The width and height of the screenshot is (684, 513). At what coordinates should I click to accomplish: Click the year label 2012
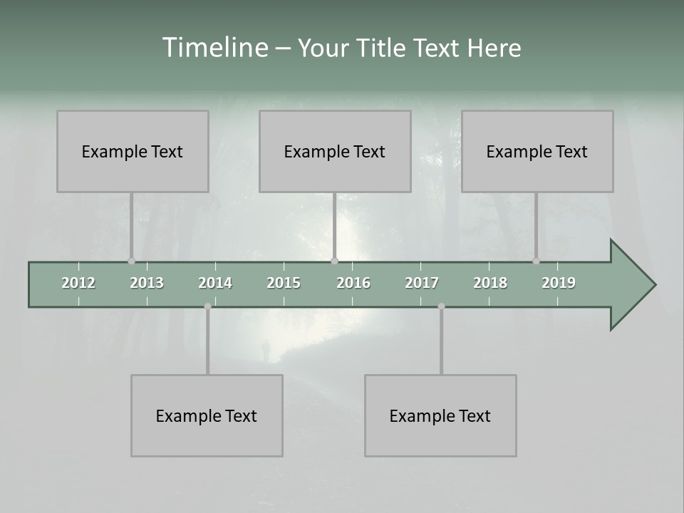pyautogui.click(x=78, y=283)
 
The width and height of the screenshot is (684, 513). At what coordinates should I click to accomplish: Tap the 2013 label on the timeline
pyautogui.click(x=147, y=283)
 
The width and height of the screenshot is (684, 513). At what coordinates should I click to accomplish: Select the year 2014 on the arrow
pyautogui.click(x=215, y=283)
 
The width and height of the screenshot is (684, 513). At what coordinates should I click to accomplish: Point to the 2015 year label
pyautogui.click(x=284, y=283)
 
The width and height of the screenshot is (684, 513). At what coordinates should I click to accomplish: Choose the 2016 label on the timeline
pyautogui.click(x=353, y=283)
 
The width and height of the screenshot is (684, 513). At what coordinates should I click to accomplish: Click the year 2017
pyautogui.click(x=422, y=283)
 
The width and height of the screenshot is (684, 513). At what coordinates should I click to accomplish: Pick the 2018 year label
pyautogui.click(x=490, y=283)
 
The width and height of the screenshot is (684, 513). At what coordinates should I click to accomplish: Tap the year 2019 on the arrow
pyautogui.click(x=559, y=283)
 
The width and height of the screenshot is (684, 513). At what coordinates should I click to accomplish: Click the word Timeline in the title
pyautogui.click(x=213, y=48)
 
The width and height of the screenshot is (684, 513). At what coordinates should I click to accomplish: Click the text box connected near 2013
pyautogui.click(x=133, y=151)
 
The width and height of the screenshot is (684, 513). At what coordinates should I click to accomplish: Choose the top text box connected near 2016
pyautogui.click(x=335, y=151)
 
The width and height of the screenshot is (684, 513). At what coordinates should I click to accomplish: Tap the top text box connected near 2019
pyautogui.click(x=537, y=151)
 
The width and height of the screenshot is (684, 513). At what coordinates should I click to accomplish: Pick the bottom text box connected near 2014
pyautogui.click(x=207, y=415)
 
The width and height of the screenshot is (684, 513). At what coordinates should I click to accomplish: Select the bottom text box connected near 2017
pyautogui.click(x=440, y=415)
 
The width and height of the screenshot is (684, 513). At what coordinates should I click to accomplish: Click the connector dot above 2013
pyautogui.click(x=131, y=261)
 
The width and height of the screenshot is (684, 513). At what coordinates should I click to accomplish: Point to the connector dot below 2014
pyautogui.click(x=207, y=306)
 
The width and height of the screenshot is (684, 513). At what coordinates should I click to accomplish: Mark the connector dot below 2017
pyautogui.click(x=441, y=306)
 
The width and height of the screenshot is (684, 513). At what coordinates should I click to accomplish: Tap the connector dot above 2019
pyautogui.click(x=536, y=261)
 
